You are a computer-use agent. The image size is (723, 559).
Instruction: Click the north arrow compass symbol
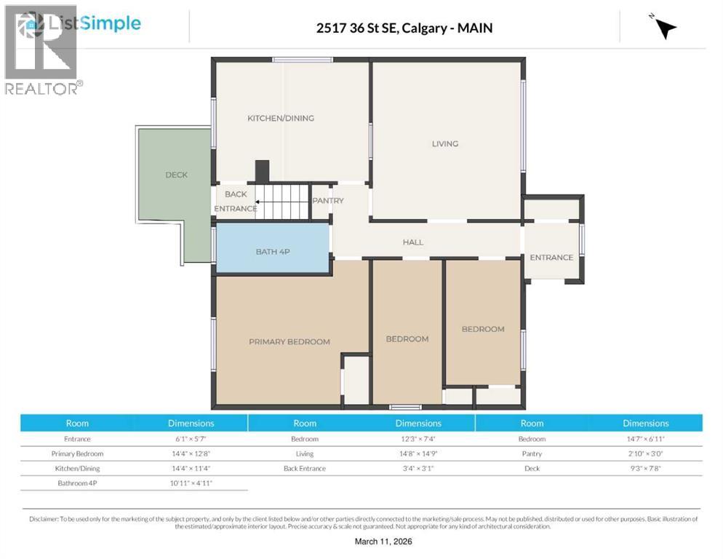pyautogui.click(x=664, y=27)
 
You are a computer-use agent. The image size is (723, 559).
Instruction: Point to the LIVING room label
pyautogui.click(x=445, y=143)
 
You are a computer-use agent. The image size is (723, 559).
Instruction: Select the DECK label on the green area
pyautogui.click(x=176, y=175)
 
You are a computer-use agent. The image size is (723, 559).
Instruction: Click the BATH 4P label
pyautogui.click(x=273, y=252)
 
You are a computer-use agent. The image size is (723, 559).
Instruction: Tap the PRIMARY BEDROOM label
pyautogui.click(x=289, y=341)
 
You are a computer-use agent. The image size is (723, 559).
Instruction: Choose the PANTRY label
pyautogui.click(x=328, y=201)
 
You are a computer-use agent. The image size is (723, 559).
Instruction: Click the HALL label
pyautogui.click(x=413, y=242)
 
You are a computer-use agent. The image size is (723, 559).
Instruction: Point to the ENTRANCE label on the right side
pyautogui.click(x=551, y=257)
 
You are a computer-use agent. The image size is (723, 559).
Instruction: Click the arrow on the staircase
pyautogui.click(x=270, y=202)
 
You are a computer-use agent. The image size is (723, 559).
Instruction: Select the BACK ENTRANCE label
pyautogui.click(x=235, y=202)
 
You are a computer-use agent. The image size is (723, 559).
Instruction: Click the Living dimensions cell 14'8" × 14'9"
pyautogui.click(x=418, y=453)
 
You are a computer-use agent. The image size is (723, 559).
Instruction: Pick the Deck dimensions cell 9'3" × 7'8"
pyautogui.click(x=645, y=468)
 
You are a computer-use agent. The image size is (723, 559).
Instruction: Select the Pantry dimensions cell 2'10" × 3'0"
pyautogui.click(x=645, y=453)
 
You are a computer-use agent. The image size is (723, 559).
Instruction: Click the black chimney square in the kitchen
pyautogui.click(x=262, y=171)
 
